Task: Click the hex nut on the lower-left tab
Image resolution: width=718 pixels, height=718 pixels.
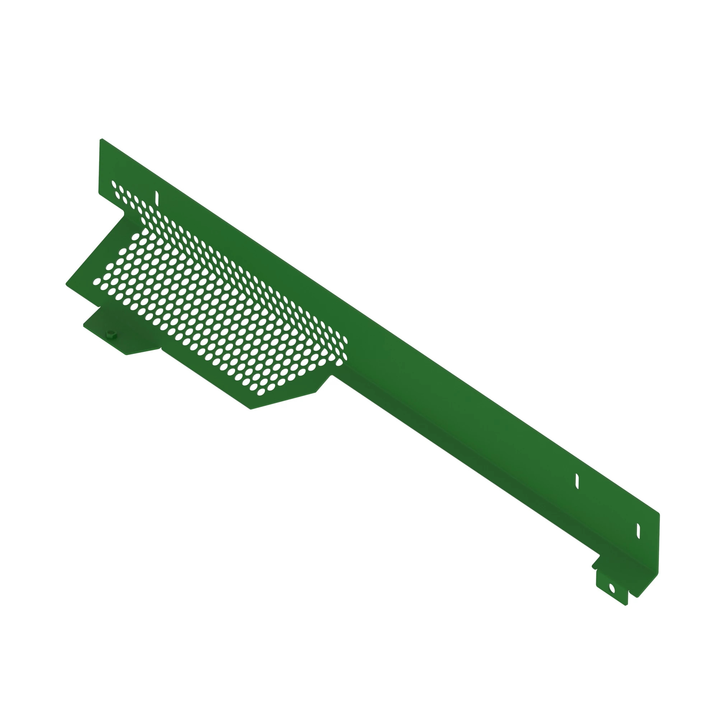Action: point(111,334)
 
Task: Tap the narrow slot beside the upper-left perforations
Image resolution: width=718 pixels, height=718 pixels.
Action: point(157,198)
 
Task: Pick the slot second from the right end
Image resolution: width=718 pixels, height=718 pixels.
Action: point(577,481)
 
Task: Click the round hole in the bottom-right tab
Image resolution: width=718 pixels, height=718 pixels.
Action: point(612,588)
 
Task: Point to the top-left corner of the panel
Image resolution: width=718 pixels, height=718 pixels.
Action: point(101,140)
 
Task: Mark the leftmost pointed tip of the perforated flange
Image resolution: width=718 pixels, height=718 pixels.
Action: point(67,284)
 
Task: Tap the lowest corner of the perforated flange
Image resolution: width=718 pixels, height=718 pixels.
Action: point(251,409)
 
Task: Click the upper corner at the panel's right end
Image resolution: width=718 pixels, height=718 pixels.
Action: point(658,515)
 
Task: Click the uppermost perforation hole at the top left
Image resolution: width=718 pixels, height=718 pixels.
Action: point(114,184)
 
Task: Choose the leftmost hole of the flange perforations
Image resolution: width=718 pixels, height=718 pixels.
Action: point(97,281)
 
